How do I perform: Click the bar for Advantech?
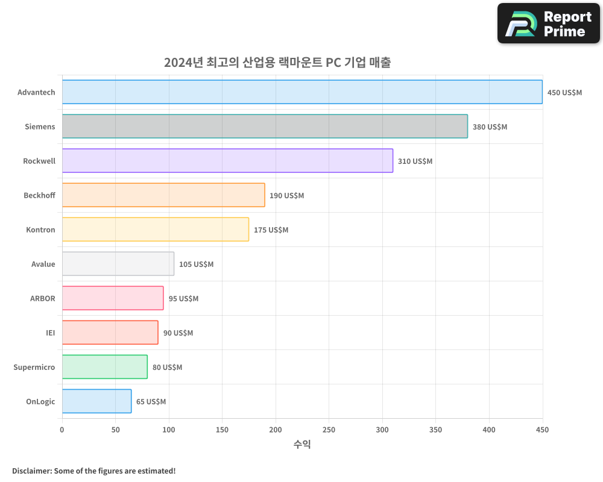click(x=302, y=92)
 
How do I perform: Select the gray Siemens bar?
click(x=265, y=127)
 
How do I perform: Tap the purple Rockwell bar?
click(x=227, y=161)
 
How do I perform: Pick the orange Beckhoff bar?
click(x=163, y=195)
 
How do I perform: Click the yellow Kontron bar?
click(x=156, y=230)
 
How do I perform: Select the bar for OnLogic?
click(x=96, y=401)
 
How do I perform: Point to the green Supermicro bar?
click(x=105, y=367)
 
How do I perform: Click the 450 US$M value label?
click(x=564, y=93)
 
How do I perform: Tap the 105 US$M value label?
click(x=196, y=264)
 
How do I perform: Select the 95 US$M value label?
click(x=183, y=299)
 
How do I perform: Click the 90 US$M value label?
click(x=178, y=333)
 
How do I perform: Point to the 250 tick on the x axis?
click(x=329, y=430)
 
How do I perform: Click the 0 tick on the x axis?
click(x=62, y=430)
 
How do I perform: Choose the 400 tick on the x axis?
click(x=489, y=430)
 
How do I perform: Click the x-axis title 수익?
click(x=302, y=445)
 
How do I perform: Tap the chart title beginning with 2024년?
click(x=277, y=63)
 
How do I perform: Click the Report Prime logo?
click(x=548, y=23)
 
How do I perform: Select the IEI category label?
click(x=50, y=333)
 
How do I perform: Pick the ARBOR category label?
click(x=42, y=298)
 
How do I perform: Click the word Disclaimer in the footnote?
click(x=31, y=471)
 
